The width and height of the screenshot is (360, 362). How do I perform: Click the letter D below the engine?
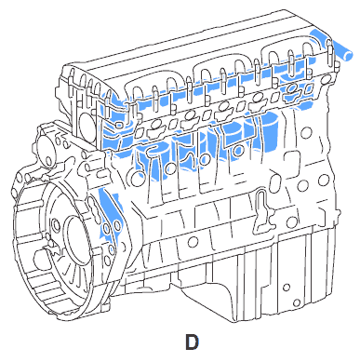pyautogui.click(x=192, y=342)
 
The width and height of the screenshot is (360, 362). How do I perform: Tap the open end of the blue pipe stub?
pyautogui.click(x=348, y=56)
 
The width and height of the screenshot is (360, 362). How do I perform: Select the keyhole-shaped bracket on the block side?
pyautogui.click(x=263, y=211)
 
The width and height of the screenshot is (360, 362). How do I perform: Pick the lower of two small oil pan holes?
pyautogui.click(x=297, y=302)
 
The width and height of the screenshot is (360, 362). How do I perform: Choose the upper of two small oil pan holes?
pyautogui.click(x=287, y=288)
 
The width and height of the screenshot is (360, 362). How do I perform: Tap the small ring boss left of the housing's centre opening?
pyautogui.click(x=56, y=223)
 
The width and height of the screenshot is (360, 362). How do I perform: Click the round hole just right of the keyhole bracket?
pyautogui.click(x=291, y=222)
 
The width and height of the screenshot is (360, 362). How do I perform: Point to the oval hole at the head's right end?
pyautogui.click(x=325, y=80)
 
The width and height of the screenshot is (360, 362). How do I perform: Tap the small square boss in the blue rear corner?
pyautogui.click(x=118, y=125)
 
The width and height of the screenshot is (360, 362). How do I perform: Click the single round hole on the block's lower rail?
pyautogui.click(x=193, y=241)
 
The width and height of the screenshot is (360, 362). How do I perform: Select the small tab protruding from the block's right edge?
pyautogui.click(x=338, y=215)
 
